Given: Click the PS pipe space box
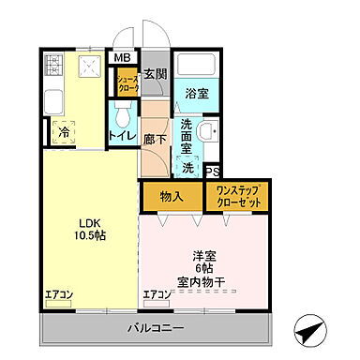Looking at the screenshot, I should click(x=212, y=171).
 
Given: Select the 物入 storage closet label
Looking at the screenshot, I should click(x=171, y=198).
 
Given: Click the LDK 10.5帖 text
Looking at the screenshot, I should click(x=89, y=229).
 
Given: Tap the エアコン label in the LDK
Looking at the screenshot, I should click(x=60, y=293).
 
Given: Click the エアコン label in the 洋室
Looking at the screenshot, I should click(x=157, y=293).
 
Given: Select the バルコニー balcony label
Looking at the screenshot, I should click(x=156, y=328).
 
